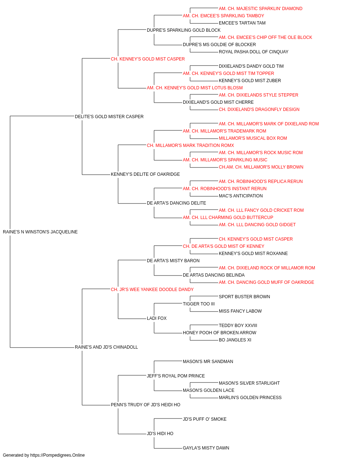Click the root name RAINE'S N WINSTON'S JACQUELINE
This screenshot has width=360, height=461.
pos(40,232)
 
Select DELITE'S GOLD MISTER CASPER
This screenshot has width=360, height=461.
pos(109,116)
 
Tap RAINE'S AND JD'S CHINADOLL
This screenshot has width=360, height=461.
pos(106,347)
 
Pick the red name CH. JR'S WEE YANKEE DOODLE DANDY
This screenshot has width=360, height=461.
pos(152,289)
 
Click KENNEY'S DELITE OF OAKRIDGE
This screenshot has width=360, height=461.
pos(145,174)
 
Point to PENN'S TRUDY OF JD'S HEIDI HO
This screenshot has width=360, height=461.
pos(145,405)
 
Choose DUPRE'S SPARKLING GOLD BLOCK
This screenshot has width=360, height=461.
pos(184,30)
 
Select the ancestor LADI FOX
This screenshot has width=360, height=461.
pos(157,318)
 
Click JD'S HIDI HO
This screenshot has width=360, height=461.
pos(160,434)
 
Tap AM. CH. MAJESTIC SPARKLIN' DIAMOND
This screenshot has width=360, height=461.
pos(261,9)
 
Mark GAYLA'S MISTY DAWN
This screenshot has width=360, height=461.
pos(206,448)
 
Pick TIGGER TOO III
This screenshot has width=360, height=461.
pos(199,304)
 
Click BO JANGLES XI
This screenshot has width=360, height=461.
pos(235,340)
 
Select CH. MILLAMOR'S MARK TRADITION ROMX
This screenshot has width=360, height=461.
pos(190,145)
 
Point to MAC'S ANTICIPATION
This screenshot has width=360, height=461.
pos(240,196)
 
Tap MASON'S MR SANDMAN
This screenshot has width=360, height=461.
pos(208,362)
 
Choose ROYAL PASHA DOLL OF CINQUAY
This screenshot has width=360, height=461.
pos(253,52)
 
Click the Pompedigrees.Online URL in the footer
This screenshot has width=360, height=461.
pos(58,455)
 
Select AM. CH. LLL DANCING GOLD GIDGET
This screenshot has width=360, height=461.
pos(257,225)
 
